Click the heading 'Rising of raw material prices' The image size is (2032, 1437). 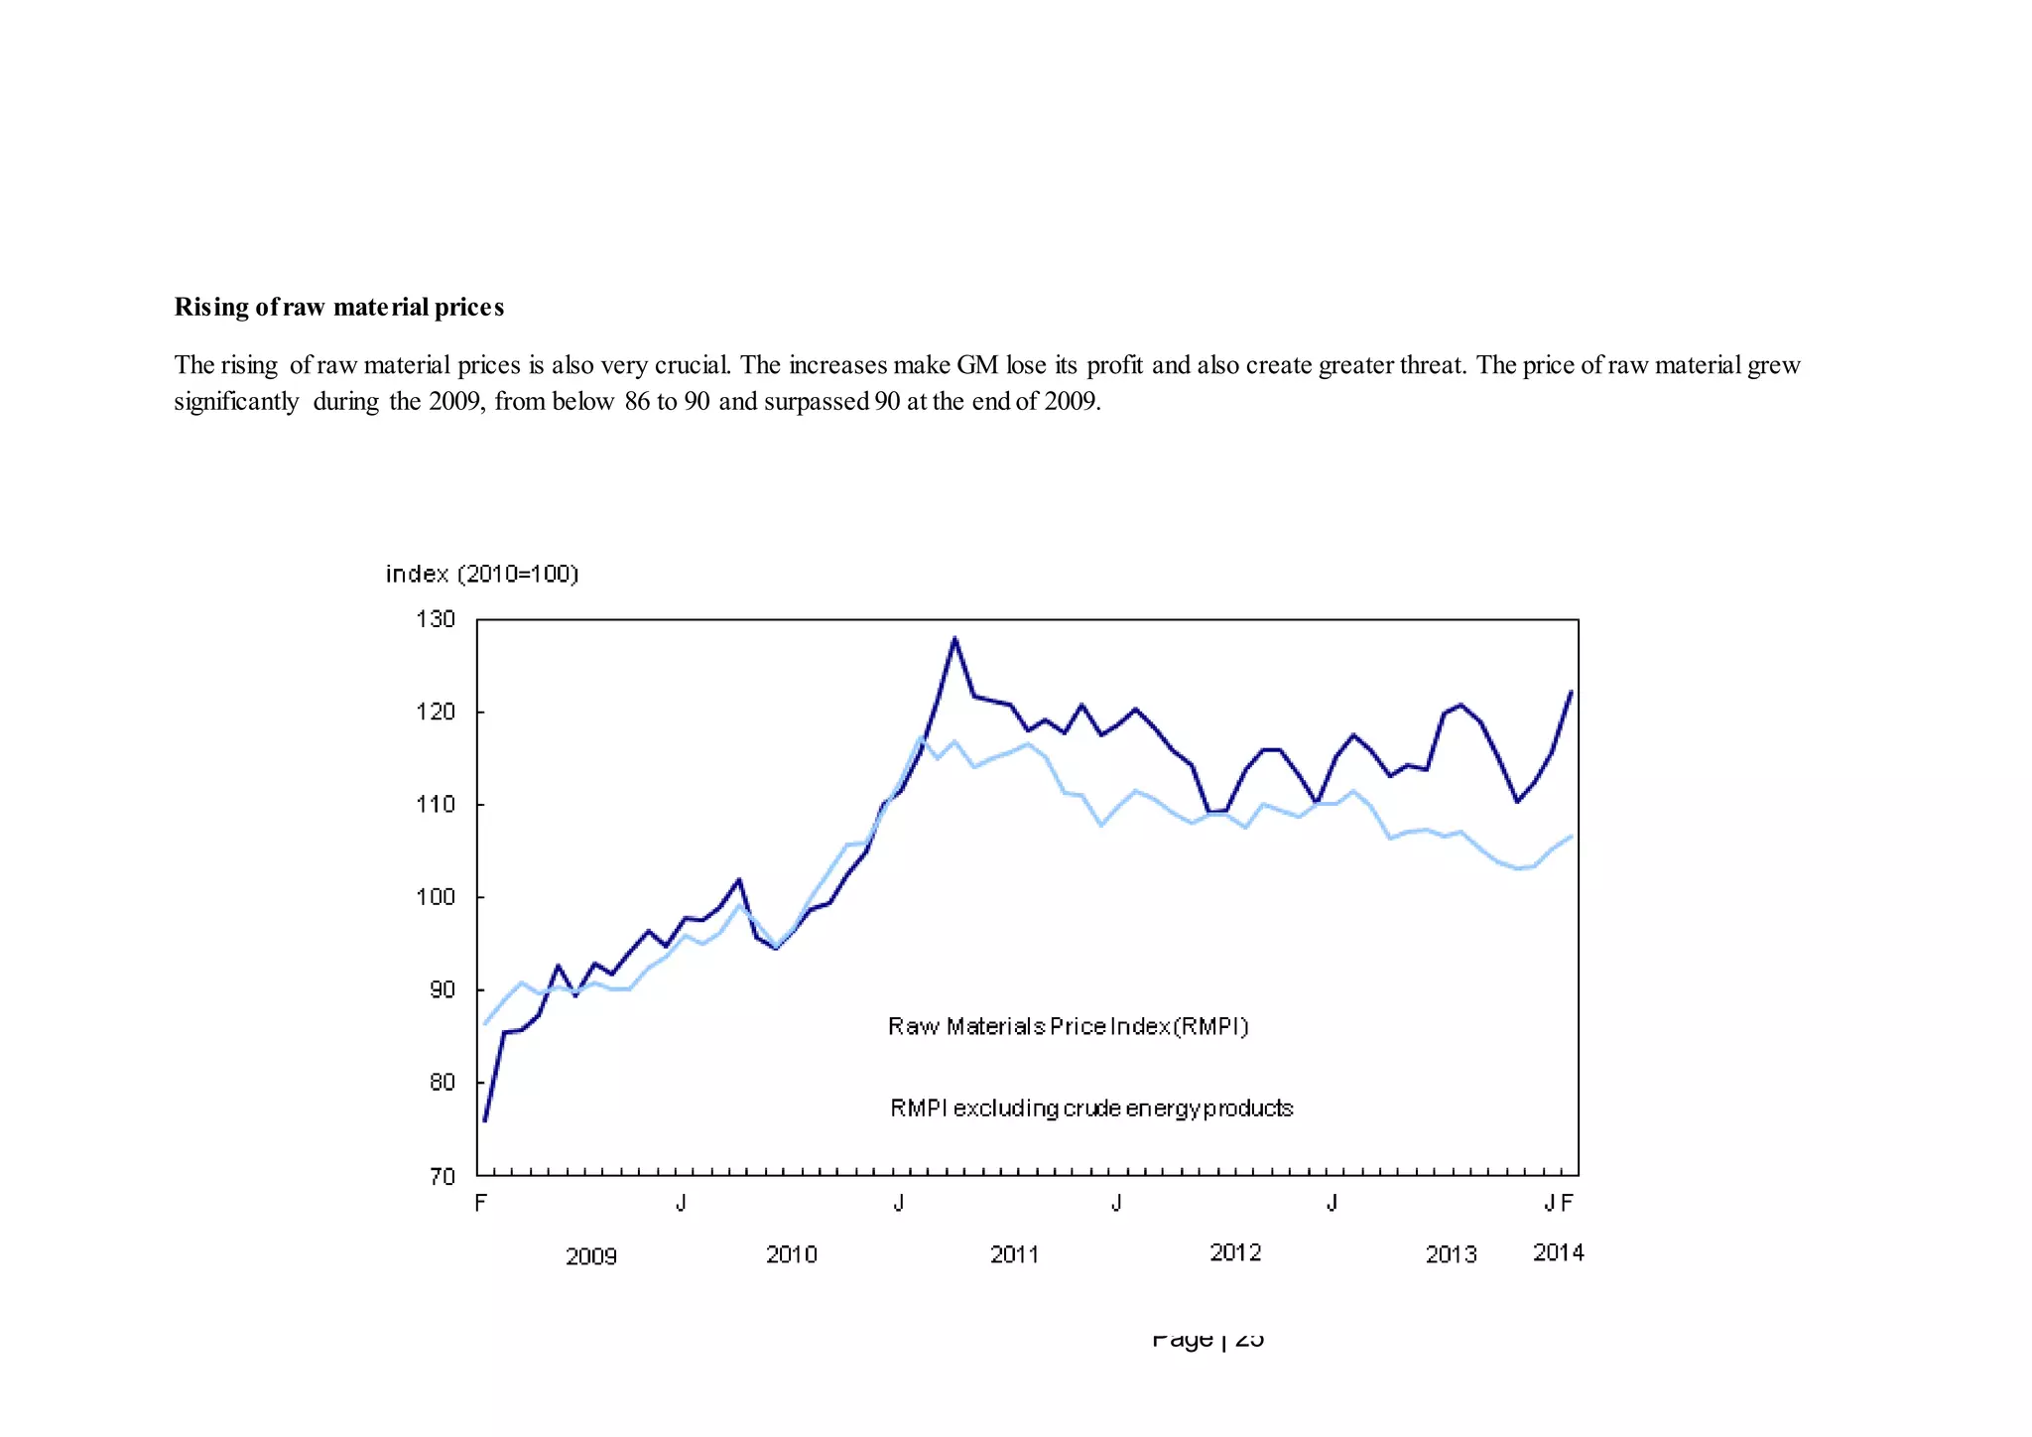[339, 308]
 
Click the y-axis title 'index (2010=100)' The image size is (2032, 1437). [482, 574]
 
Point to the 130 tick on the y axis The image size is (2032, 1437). [436, 619]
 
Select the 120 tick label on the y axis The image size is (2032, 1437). [436, 712]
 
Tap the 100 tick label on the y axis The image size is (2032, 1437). [436, 897]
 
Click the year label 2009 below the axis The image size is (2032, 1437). [591, 1256]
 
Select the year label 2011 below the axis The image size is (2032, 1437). [1014, 1254]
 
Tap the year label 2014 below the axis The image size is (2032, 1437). [1558, 1252]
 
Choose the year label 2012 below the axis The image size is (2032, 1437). [1235, 1252]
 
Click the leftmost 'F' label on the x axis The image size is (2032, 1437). [481, 1204]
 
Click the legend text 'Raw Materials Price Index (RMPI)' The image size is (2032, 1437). [1068, 1026]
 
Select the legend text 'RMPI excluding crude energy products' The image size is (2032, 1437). [1091, 1108]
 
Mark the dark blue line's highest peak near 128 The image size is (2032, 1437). [954, 639]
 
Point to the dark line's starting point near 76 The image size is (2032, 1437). [484, 1120]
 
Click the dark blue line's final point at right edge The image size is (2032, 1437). [1571, 692]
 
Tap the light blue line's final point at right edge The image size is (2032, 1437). [1571, 837]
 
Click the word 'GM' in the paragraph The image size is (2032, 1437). [977, 365]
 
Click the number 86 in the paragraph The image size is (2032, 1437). [637, 401]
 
